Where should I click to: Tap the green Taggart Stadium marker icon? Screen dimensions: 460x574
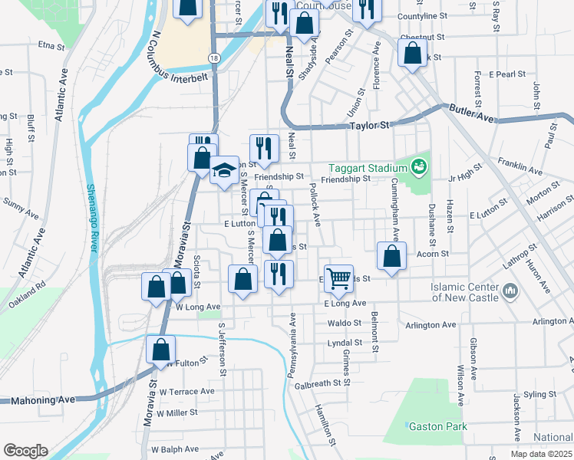click(419, 165)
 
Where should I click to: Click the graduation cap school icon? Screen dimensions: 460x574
click(224, 171)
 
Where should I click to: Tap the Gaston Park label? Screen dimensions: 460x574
click(437, 426)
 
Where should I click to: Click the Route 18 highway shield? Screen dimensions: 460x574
click(213, 58)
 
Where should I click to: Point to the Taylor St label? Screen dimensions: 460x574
click(370, 125)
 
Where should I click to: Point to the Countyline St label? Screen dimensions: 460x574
click(422, 16)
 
